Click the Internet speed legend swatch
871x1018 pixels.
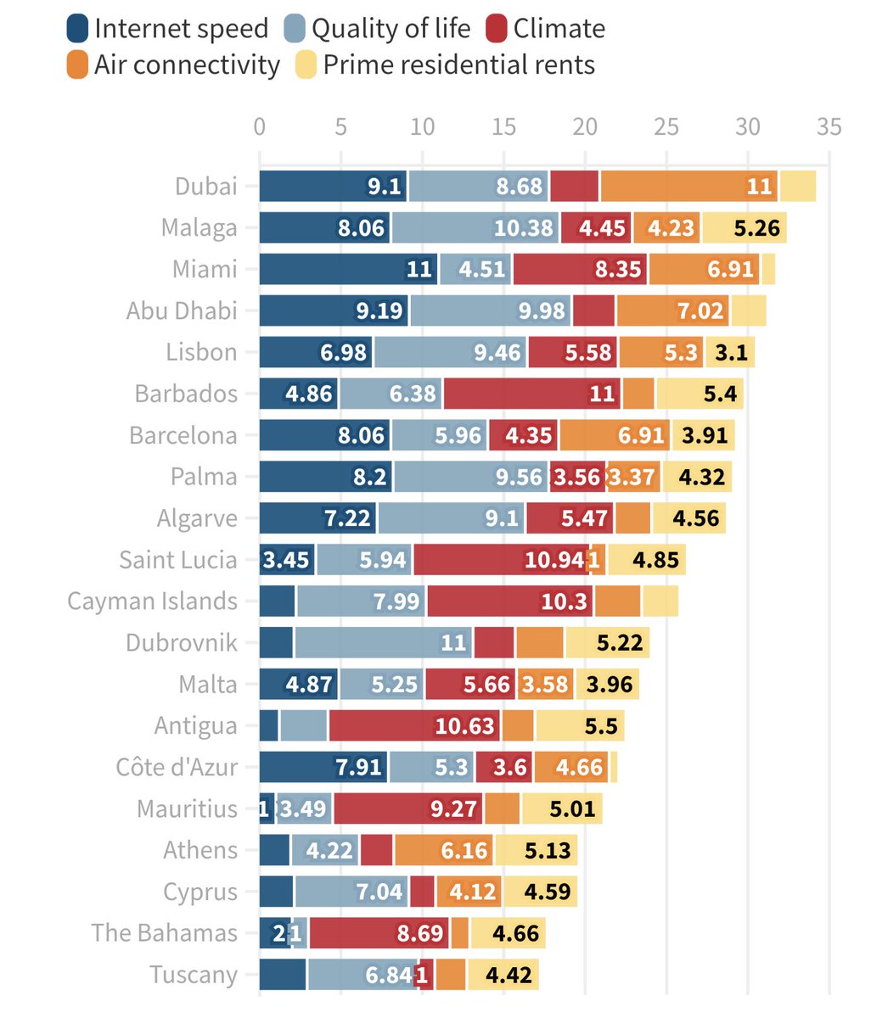point(77,29)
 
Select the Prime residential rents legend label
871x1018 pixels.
point(458,65)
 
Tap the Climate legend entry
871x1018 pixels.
point(559,29)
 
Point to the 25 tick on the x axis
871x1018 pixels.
point(666,127)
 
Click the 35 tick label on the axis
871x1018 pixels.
point(829,127)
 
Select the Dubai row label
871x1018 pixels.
point(205,187)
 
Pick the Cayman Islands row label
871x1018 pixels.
point(153,601)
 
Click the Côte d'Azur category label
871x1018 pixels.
point(177,768)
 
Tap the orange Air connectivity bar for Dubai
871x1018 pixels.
point(689,187)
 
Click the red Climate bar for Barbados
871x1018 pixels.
point(531,394)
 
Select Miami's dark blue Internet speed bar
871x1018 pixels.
point(348,270)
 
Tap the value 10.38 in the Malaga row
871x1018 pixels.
point(523,228)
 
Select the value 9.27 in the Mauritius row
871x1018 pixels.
point(453,808)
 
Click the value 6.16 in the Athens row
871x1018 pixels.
point(464,850)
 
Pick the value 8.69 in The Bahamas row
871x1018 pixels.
point(420,933)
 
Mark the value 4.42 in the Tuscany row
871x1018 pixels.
point(509,975)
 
